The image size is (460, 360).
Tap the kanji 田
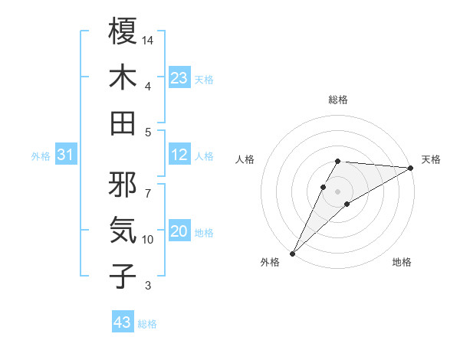123,123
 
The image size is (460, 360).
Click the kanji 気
123,229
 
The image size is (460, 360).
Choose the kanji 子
123,276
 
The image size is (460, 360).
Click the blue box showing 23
179,78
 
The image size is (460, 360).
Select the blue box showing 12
179,155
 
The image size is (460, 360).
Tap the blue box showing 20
179,232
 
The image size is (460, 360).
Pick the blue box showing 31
66,155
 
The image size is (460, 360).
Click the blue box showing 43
123,322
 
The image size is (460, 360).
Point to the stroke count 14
148,39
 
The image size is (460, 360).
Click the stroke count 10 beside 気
148,240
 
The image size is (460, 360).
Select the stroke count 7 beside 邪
147,185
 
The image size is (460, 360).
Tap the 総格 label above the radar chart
337,100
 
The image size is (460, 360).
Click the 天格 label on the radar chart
431,159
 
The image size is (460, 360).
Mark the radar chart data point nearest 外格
292,252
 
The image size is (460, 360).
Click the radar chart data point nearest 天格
411,169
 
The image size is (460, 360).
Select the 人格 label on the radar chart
245,159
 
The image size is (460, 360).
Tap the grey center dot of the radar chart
337,190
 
